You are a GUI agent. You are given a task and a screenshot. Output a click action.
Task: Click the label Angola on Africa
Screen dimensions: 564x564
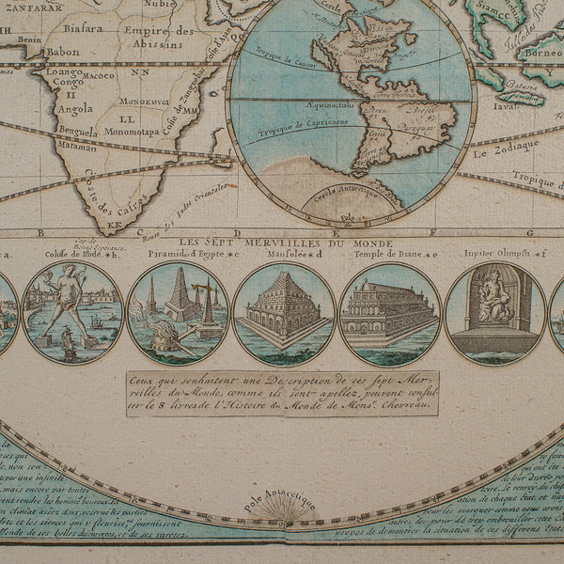click(76, 108)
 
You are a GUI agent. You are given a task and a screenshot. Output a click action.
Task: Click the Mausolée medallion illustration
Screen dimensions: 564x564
click(283, 313)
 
